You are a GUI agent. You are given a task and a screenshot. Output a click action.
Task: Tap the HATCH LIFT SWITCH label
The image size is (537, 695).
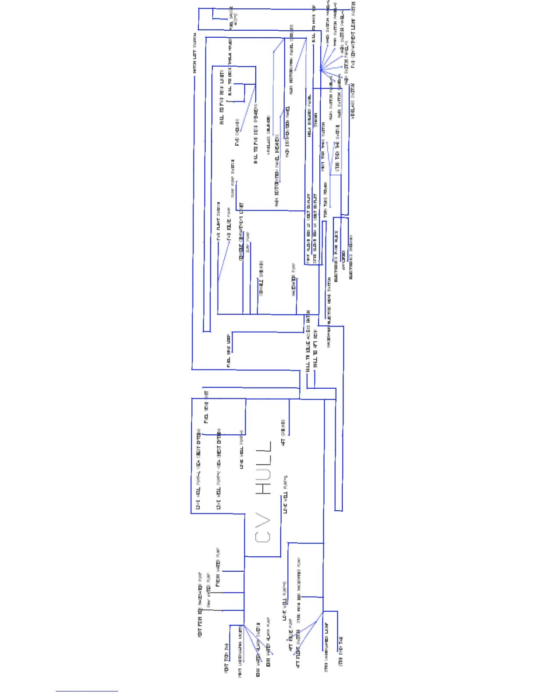coord(195,53)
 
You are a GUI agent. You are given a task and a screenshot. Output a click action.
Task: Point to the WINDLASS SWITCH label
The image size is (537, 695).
coord(353,101)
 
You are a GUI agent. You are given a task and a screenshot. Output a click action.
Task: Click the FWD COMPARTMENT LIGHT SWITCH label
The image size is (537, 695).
coord(354,35)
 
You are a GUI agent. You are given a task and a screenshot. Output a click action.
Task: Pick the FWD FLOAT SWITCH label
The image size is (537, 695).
coord(218,221)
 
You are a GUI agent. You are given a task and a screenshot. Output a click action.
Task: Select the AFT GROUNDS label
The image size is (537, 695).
coord(283,432)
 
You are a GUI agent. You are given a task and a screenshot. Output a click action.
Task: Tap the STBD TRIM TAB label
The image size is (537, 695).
coord(341,652)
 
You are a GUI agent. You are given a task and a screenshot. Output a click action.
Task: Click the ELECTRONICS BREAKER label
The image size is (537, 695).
coord(351,257)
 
